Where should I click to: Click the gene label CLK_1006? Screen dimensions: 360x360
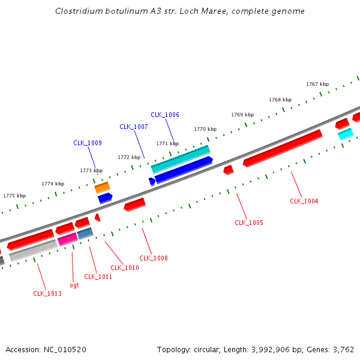[165, 115]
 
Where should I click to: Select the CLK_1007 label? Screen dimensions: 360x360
[134, 127]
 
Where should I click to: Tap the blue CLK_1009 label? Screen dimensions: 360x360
[88, 143]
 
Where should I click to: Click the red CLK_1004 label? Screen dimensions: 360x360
[304, 201]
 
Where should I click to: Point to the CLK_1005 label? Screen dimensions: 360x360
[249, 223]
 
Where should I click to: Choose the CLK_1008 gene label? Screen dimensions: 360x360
[154, 258]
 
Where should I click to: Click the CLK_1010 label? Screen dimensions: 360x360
[125, 268]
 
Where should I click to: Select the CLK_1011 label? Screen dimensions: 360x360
[98, 277]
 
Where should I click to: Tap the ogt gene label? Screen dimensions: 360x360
[74, 285]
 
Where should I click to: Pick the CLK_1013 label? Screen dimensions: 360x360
[47, 293]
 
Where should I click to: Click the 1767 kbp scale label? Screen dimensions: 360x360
[317, 84]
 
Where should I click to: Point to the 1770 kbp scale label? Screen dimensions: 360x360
[205, 129]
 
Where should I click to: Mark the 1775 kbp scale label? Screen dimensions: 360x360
[14, 196]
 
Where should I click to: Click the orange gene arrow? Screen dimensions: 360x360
[102, 188]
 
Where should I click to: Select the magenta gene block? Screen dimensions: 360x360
[68, 239]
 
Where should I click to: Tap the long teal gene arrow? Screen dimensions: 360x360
[181, 159]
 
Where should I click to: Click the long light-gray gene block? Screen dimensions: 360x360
[33, 250]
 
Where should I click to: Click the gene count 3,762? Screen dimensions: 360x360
[343, 349]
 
